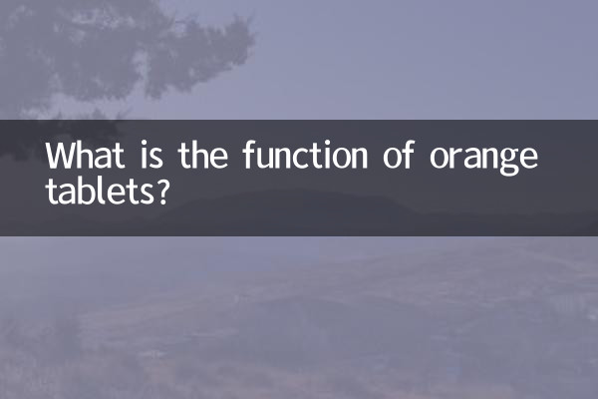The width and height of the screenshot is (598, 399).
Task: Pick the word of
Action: (400, 157)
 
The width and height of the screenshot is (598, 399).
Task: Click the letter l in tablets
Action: (98, 189)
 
